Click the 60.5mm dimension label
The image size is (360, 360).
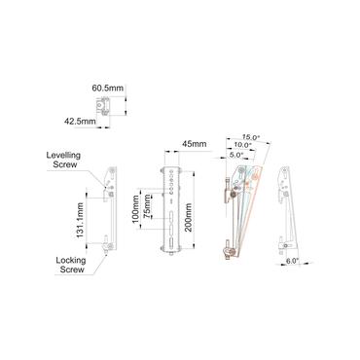click(108, 87)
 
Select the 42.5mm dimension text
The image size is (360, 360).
click(80, 122)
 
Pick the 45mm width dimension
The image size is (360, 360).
click(194, 144)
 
